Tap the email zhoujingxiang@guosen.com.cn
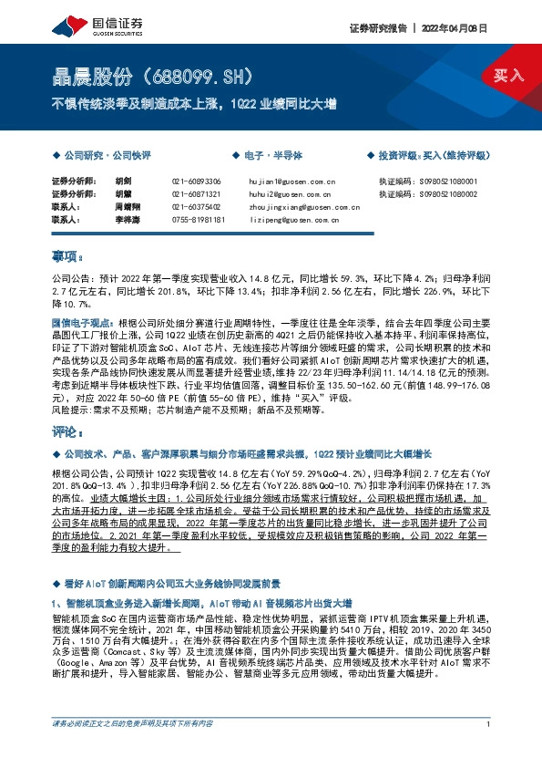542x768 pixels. point(291,207)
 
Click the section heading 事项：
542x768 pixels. point(69,258)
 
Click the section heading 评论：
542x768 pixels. point(69,434)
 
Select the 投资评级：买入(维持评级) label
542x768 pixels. point(433,157)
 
